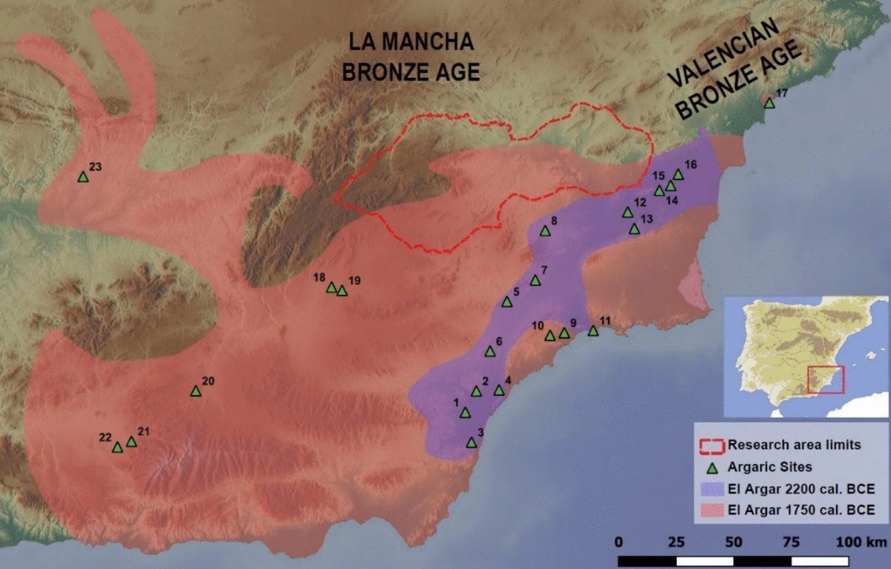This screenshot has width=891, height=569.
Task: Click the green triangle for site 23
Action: (82, 177)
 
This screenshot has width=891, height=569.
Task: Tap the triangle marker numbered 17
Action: (769, 103)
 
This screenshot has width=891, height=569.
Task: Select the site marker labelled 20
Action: (195, 391)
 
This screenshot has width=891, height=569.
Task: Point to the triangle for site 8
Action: (544, 231)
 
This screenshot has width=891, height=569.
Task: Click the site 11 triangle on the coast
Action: (593, 331)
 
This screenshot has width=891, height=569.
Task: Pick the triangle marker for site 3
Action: (471, 443)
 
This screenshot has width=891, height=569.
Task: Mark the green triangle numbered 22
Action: (117, 447)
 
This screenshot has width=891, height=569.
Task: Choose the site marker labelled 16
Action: (678, 175)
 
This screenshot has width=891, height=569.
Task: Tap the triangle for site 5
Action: (507, 302)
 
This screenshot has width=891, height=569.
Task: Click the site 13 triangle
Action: (634, 230)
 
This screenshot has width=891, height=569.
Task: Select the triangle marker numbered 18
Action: (331, 287)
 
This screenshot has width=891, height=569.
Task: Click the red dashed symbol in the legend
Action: (711, 446)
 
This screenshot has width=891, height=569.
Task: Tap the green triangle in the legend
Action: (711, 468)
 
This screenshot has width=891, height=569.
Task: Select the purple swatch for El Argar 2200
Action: (711, 489)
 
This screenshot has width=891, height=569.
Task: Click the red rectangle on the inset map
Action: (826, 379)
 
